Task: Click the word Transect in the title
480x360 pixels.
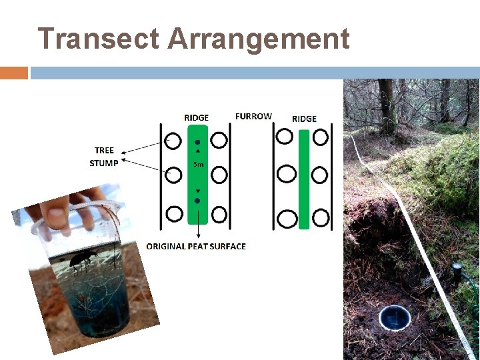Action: pyautogui.click(x=99, y=39)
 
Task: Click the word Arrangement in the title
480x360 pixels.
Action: pyautogui.click(x=258, y=39)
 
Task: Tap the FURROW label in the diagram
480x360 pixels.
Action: pyautogui.click(x=253, y=116)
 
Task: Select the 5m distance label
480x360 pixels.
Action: pyautogui.click(x=198, y=164)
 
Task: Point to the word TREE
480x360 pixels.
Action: pyautogui.click(x=104, y=150)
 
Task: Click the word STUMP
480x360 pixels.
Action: pyautogui.click(x=104, y=163)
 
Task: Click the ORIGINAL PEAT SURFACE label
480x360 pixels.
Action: pyautogui.click(x=196, y=247)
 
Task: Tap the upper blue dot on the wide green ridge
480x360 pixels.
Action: pyautogui.click(x=197, y=142)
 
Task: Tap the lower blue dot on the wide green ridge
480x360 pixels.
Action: pyautogui.click(x=197, y=200)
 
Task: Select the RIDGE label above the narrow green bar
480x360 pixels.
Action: pyautogui.click(x=304, y=119)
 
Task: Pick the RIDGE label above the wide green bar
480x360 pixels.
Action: pyautogui.click(x=196, y=117)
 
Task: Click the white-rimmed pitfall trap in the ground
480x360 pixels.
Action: pyautogui.click(x=394, y=317)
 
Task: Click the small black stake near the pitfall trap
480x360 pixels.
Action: pyautogui.click(x=457, y=273)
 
